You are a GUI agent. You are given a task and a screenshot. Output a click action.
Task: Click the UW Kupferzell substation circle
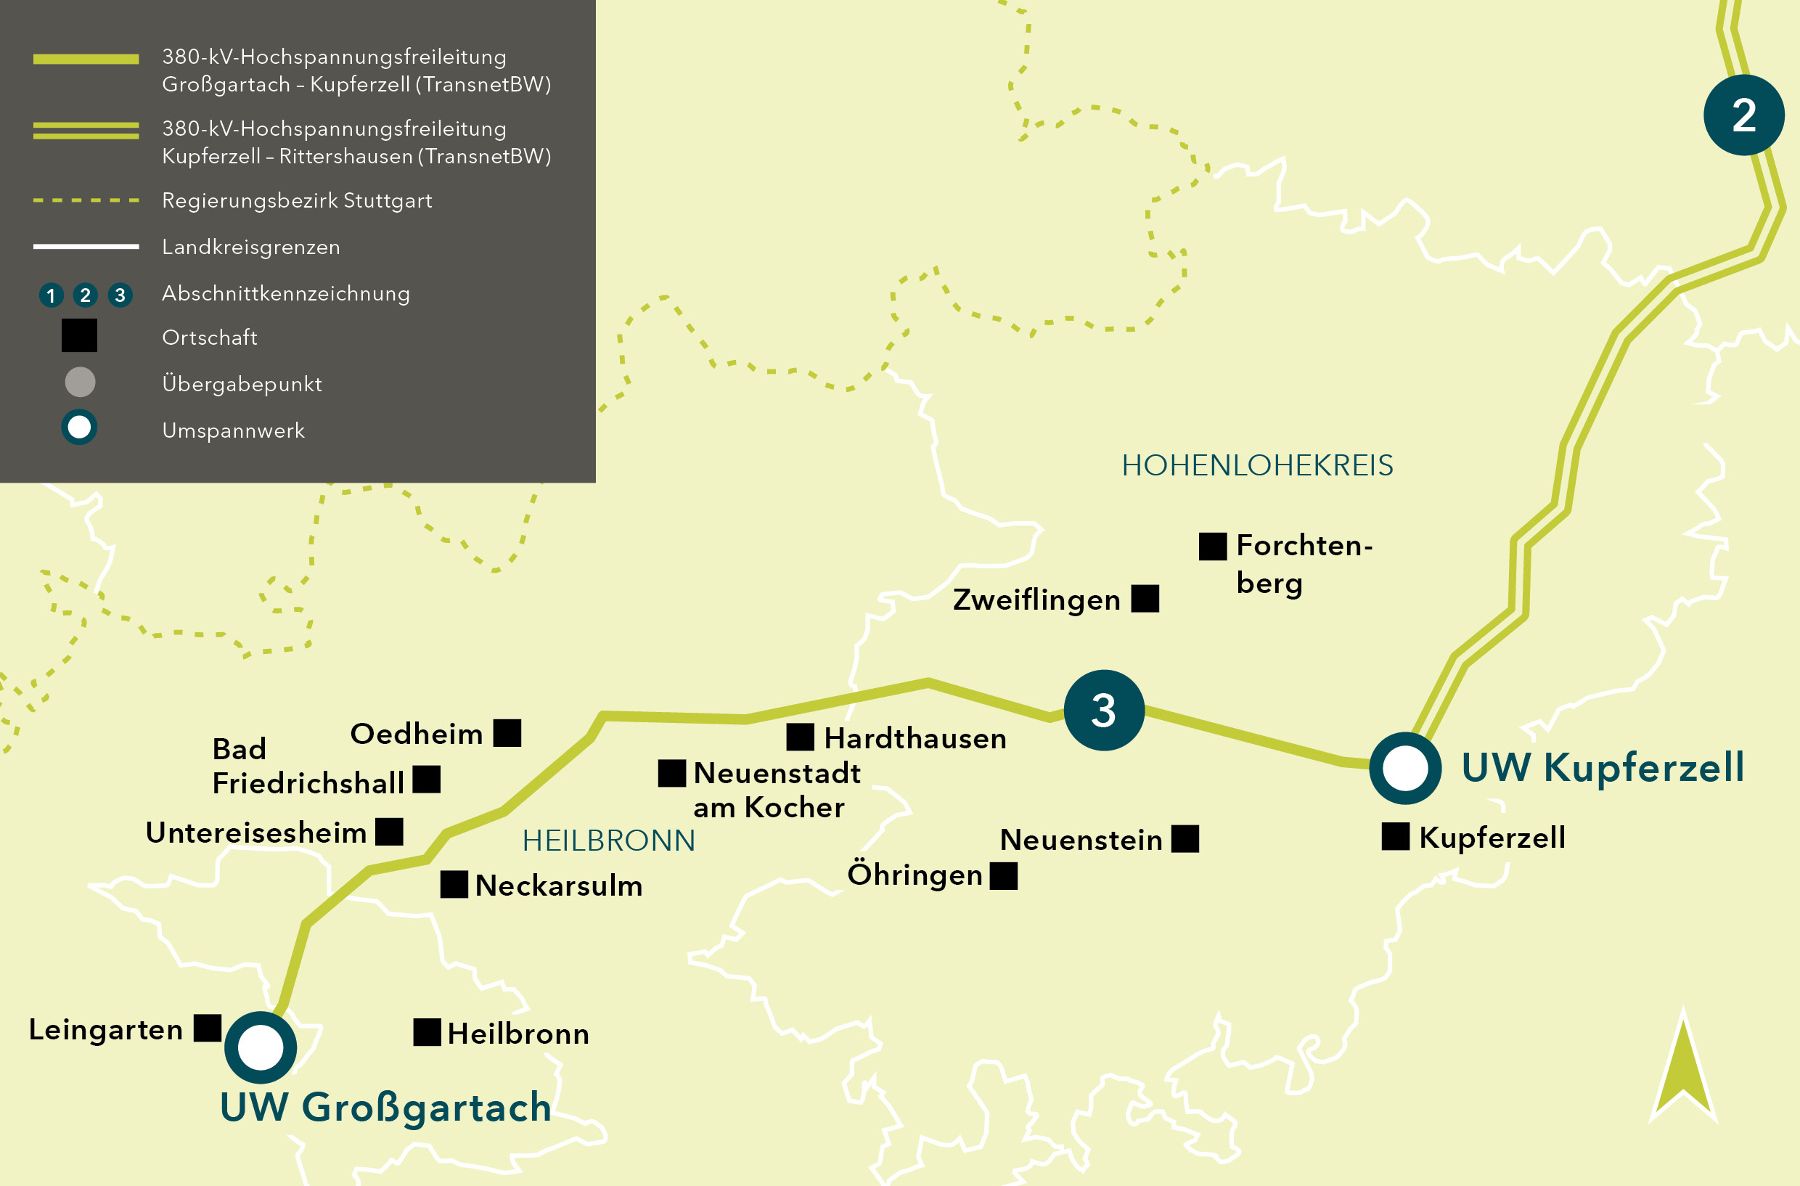coord(1404,768)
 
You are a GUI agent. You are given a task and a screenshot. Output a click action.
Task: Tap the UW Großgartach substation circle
coord(260,1047)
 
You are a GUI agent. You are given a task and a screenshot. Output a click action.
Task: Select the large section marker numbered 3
coord(1103,711)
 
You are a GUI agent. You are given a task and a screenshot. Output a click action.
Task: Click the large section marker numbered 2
coord(1743,115)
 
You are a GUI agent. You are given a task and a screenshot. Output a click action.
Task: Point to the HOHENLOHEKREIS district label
coord(1257,465)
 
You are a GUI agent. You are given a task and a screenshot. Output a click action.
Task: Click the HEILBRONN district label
coord(608,841)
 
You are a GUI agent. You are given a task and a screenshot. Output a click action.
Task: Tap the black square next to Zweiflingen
coord(1145,598)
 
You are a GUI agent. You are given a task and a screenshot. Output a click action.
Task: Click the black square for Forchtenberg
coord(1212,546)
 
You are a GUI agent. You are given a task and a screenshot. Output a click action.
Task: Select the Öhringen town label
coord(915,875)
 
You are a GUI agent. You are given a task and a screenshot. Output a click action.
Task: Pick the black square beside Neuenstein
coord(1185,839)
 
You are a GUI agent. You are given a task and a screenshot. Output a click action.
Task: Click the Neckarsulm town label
coord(559,886)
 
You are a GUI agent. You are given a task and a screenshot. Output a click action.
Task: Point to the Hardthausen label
coord(915,738)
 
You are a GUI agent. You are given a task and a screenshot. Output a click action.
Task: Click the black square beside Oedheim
coord(507,732)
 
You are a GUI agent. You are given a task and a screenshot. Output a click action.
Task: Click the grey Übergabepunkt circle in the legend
coord(80,382)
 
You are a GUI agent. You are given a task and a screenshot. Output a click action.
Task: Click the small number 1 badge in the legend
coord(51,295)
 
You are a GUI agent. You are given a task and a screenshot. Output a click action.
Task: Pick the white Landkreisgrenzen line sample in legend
coord(86,247)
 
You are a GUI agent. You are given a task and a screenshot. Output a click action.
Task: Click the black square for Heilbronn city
coord(427,1032)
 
